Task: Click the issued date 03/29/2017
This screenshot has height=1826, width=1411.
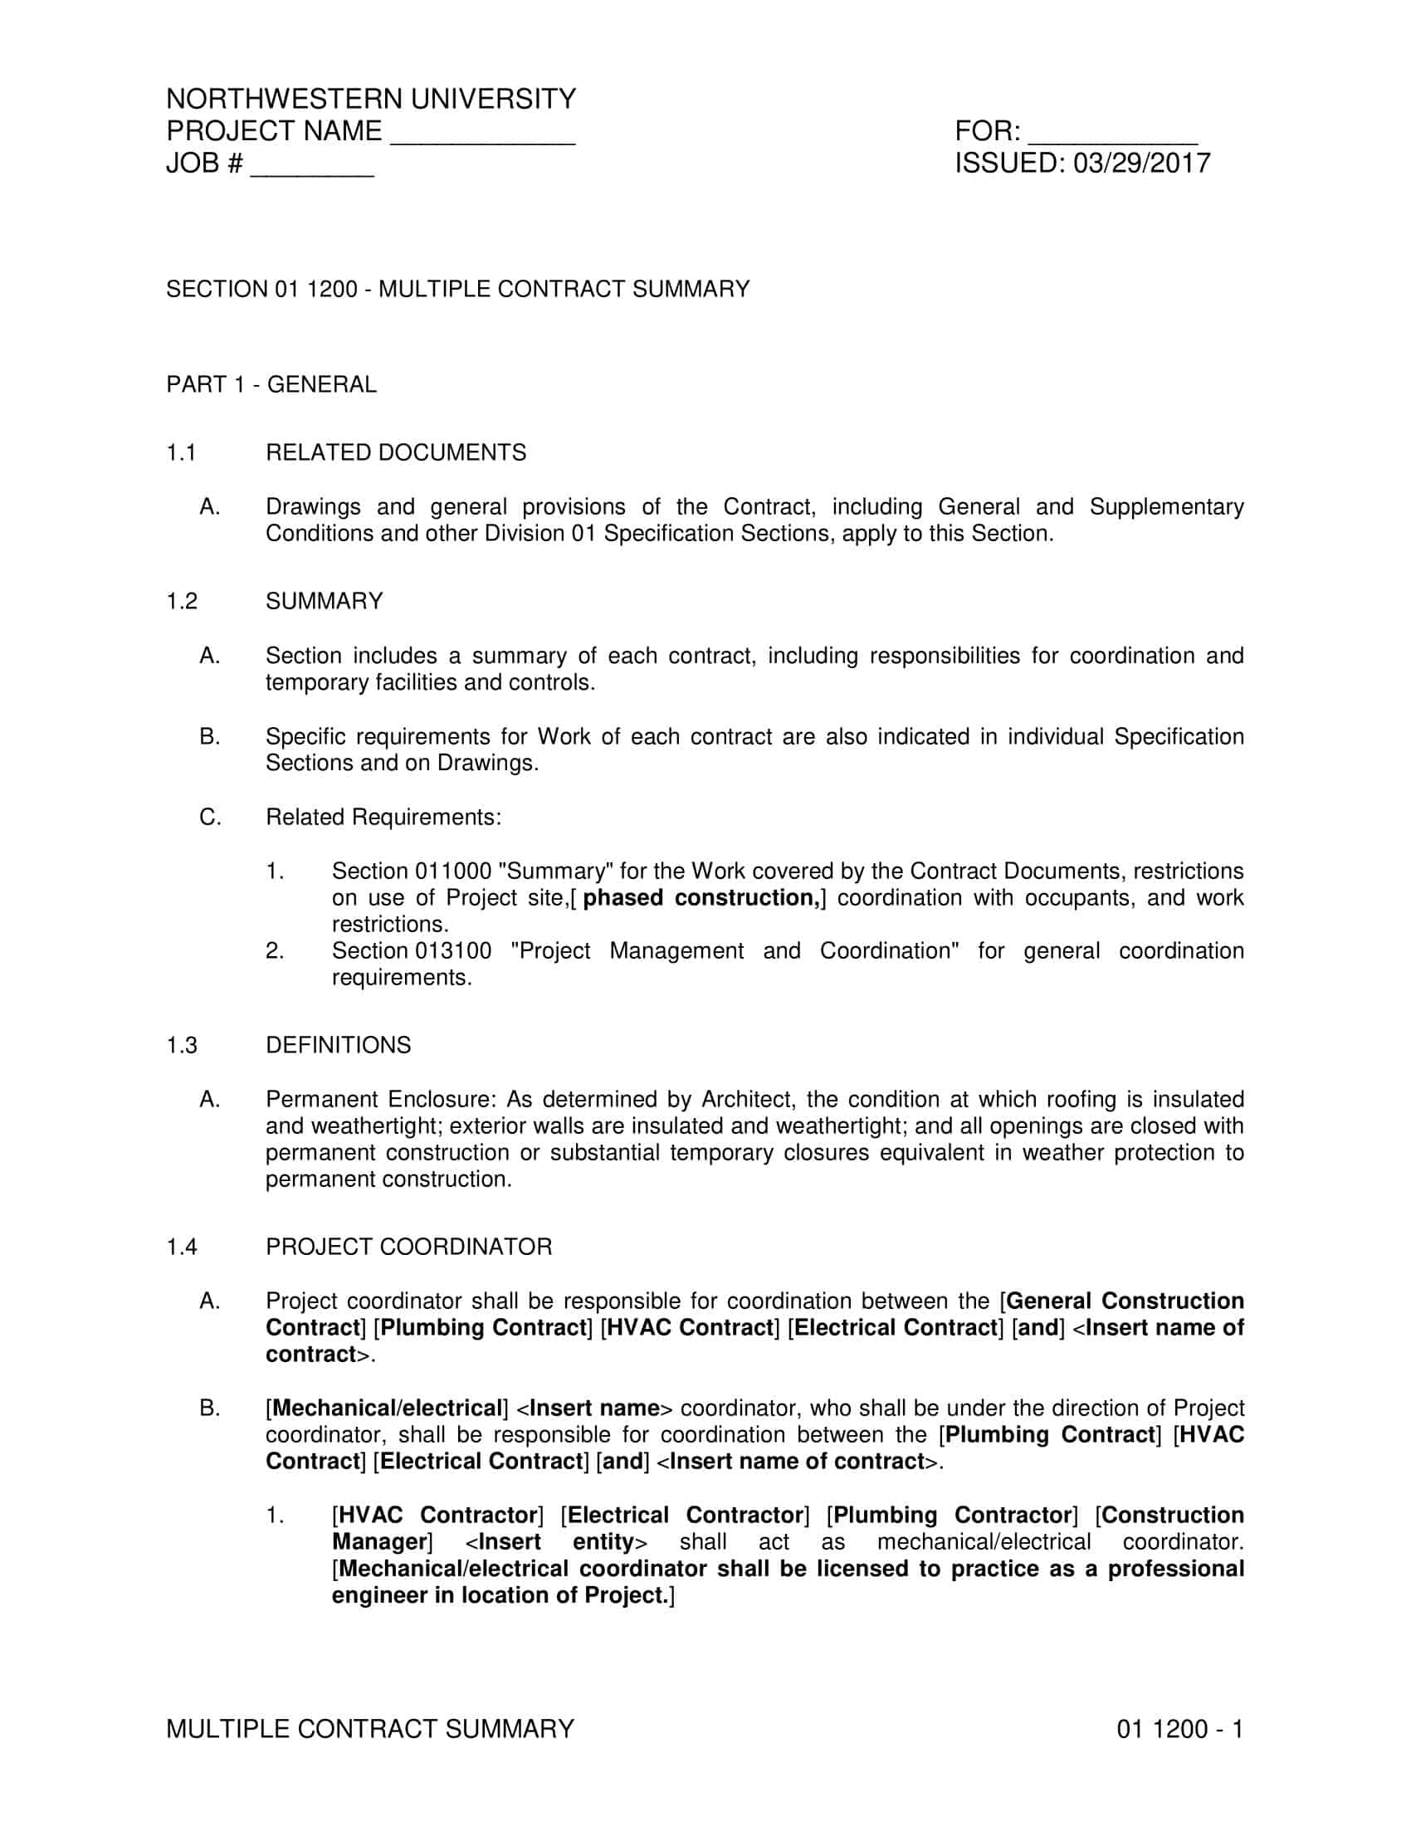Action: coord(1142,163)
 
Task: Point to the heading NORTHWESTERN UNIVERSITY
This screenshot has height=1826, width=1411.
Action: coord(371,100)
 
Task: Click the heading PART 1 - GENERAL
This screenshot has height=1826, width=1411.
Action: coord(271,384)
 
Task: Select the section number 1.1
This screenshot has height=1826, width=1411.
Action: coord(181,453)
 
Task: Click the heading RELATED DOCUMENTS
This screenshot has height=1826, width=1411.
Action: coord(395,453)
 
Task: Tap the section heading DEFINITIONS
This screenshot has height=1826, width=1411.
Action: coord(338,1046)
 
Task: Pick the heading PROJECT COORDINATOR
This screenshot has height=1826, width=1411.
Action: coord(408,1247)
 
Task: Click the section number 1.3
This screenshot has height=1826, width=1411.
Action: coord(182,1046)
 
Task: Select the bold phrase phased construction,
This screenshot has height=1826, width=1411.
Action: coord(701,899)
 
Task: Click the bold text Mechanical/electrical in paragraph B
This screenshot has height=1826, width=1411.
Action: coord(387,1409)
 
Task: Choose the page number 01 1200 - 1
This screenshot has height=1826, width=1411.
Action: coord(1179,1729)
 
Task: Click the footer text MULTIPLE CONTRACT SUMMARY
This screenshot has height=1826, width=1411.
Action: coord(370,1729)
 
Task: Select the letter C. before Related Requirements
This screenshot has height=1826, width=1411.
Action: coord(210,818)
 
